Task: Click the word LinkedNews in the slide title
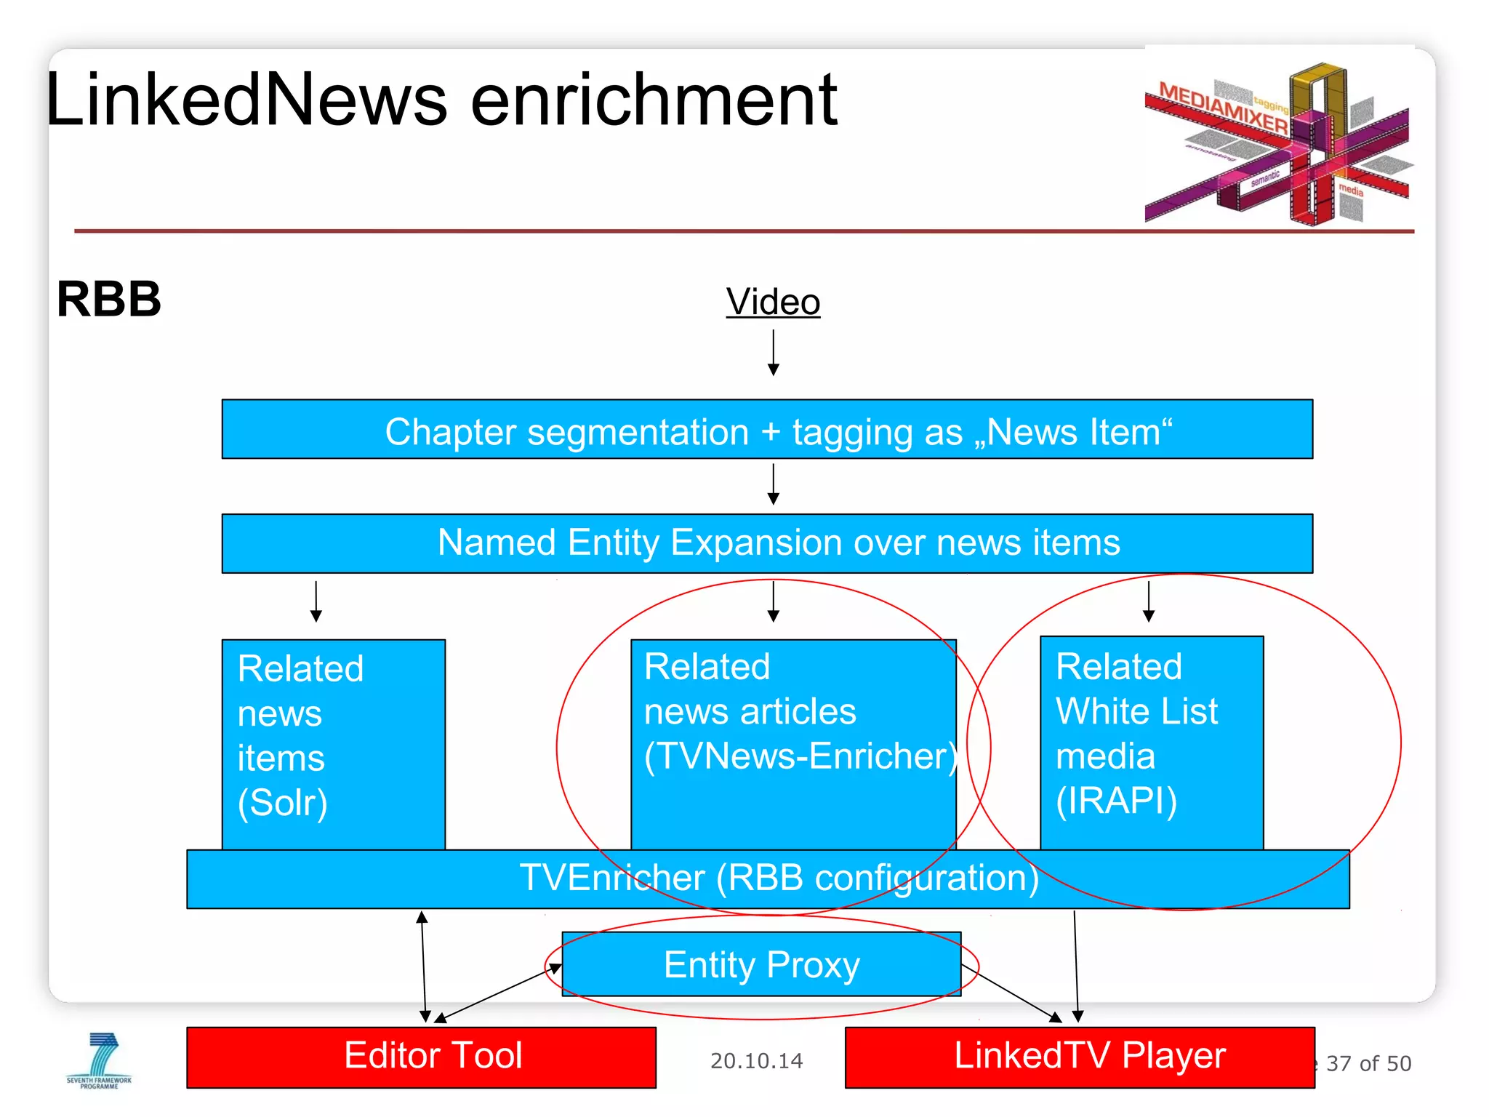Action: click(247, 100)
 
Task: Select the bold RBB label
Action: click(109, 300)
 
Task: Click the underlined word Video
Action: click(773, 302)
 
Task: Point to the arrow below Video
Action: click(774, 353)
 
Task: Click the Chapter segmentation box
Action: click(767, 429)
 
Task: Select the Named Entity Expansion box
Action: click(767, 543)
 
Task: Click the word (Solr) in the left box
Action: click(283, 803)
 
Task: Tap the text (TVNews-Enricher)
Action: click(800, 756)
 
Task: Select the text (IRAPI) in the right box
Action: click(1116, 801)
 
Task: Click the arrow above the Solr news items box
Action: click(316, 601)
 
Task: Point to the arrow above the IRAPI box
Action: click(1149, 600)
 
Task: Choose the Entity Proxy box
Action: click(761, 965)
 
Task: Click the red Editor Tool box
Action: click(422, 1057)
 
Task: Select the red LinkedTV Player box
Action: click(1080, 1057)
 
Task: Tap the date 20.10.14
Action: click(756, 1062)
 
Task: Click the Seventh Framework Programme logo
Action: click(100, 1060)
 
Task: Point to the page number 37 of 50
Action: click(1368, 1064)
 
